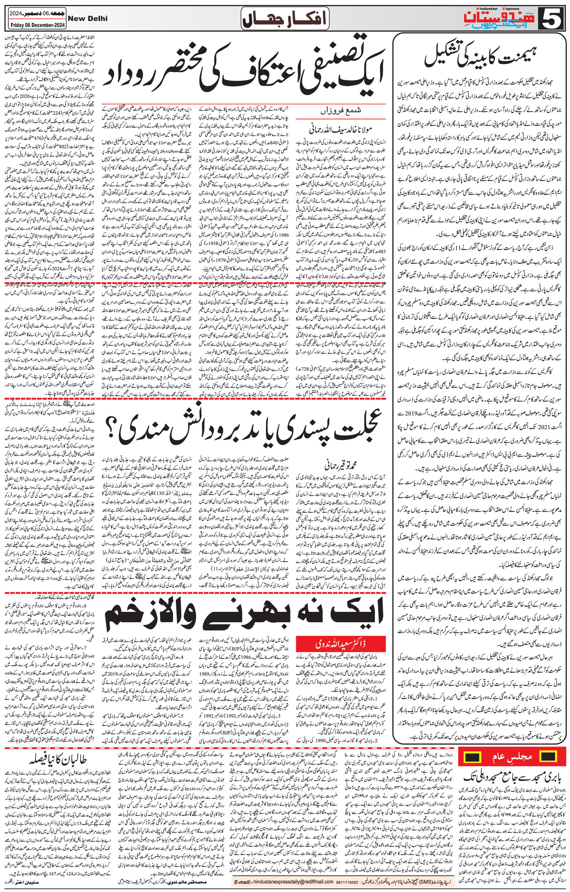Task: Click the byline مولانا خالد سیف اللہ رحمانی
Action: coord(340,130)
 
